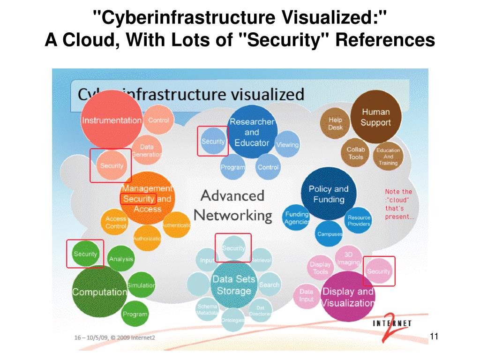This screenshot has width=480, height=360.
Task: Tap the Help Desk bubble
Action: [x=335, y=123]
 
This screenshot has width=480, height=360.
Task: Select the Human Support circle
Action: [x=375, y=117]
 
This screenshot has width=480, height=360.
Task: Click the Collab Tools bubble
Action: [x=356, y=153]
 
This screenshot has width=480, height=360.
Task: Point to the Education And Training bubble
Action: [x=388, y=157]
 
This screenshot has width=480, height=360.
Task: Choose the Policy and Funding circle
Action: [x=329, y=194]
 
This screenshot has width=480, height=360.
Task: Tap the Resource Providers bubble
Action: [x=359, y=220]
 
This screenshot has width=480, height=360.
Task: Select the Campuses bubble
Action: [x=330, y=234]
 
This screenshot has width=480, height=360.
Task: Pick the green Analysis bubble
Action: [x=121, y=259]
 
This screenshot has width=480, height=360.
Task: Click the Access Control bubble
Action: [x=116, y=222]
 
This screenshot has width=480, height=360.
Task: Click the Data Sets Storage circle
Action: [x=233, y=285]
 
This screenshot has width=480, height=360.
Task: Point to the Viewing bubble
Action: [x=287, y=145]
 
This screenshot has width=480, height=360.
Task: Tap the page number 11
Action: [x=433, y=336]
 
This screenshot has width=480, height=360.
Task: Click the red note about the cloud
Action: [x=399, y=204]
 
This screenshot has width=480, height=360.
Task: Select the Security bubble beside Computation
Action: [x=85, y=254]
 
